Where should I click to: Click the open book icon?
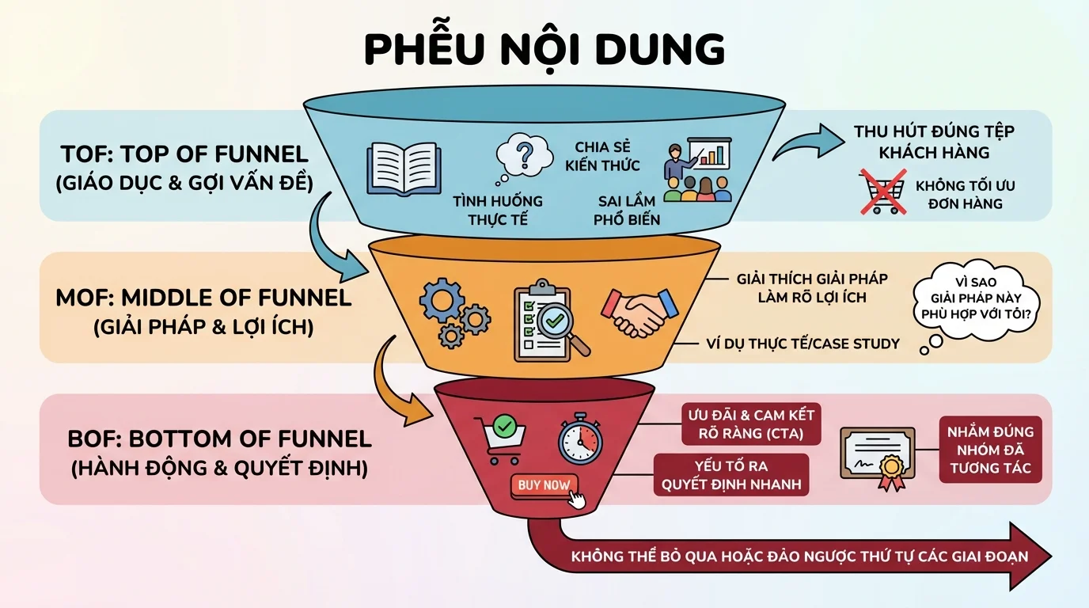[x=404, y=169]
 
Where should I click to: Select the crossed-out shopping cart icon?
[x=883, y=192]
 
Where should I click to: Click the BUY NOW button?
[x=544, y=485]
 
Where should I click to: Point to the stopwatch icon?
[x=580, y=439]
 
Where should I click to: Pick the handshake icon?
[x=639, y=313]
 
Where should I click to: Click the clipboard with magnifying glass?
[x=549, y=321]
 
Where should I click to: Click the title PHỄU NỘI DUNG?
[x=544, y=50]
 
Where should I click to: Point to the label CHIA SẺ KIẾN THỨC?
[x=602, y=156]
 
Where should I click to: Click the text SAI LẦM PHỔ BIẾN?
[x=627, y=210]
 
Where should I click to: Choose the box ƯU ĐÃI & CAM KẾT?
[x=751, y=424]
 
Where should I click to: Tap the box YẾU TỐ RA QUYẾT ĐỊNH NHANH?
[x=731, y=475]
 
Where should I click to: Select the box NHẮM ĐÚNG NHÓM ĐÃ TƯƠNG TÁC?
[x=990, y=450]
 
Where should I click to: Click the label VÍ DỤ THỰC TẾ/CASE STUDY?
[x=803, y=344]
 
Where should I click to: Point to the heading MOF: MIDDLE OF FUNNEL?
[x=203, y=298]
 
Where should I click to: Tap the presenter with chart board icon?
[x=698, y=169]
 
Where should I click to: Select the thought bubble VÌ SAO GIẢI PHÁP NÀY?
[x=976, y=299]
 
